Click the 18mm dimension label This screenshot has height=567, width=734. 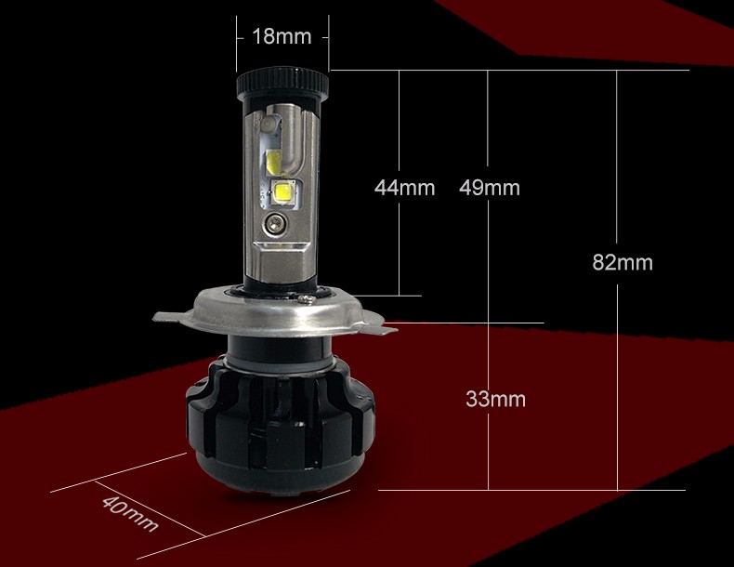(x=282, y=36)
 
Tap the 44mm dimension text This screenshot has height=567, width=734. (x=404, y=188)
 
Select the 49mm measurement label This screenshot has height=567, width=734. (x=489, y=188)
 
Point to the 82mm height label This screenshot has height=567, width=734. (x=623, y=262)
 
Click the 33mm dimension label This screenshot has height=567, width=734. (x=496, y=400)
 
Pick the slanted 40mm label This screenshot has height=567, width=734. (x=130, y=514)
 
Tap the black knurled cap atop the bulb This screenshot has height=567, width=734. (x=282, y=84)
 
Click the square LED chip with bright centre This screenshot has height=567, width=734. (x=282, y=192)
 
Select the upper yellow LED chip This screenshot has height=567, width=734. (x=273, y=163)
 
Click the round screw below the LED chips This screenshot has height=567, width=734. (x=274, y=222)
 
